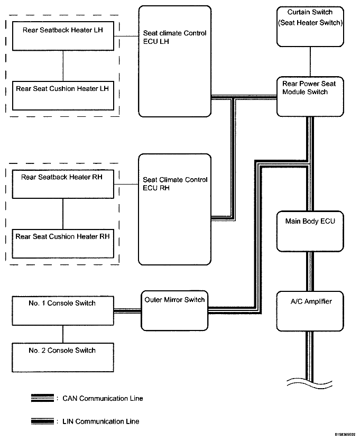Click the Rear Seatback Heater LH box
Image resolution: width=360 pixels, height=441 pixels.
(63, 36)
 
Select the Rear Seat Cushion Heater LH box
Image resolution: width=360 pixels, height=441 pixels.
(63, 96)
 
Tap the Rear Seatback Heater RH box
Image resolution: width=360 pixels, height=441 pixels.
(63, 184)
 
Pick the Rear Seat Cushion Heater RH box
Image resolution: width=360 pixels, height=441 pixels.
(63, 244)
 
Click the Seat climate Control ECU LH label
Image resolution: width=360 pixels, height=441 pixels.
(174, 37)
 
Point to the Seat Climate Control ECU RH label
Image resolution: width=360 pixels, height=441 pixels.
(175, 183)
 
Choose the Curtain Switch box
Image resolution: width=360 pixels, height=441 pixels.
(310, 27)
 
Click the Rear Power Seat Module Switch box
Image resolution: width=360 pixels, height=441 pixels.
(310, 96)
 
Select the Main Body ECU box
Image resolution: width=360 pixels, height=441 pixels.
(310, 231)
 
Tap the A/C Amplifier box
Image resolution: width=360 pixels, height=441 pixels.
(310, 311)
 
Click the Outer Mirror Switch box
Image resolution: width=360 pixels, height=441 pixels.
(174, 310)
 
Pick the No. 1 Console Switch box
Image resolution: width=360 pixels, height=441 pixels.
(63, 311)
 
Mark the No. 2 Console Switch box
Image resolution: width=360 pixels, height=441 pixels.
(63, 357)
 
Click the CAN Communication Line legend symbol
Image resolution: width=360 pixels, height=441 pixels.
(42, 398)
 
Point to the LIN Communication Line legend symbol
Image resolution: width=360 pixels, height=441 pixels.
(42, 421)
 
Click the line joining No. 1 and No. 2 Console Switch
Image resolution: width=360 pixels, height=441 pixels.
(63, 334)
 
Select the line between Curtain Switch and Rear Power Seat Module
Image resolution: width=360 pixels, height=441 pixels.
(310, 62)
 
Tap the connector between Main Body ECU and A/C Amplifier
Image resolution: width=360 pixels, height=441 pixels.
(310, 271)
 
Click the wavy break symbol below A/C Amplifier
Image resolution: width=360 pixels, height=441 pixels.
(310, 383)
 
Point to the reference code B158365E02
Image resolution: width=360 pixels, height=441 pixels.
(345, 435)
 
